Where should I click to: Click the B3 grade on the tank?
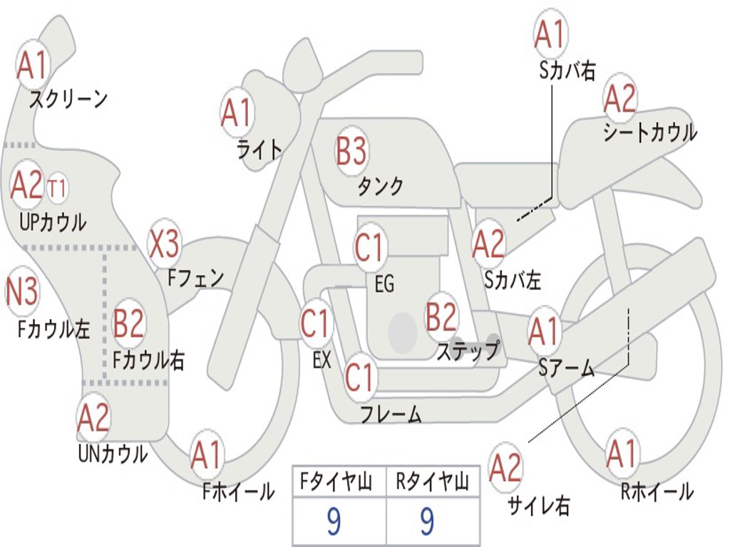[351, 151]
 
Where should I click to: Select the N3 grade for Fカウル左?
[21, 292]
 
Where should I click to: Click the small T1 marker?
[57, 189]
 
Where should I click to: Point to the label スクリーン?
[68, 99]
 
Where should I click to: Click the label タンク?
[380, 187]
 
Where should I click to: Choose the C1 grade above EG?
[369, 248]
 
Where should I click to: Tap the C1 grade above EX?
[315, 324]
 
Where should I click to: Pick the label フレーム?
[390, 414]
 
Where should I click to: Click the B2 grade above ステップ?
[441, 318]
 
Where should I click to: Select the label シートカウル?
[649, 132]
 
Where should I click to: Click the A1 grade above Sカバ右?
[549, 34]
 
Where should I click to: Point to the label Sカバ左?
[513, 281]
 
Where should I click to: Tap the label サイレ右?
[538, 506]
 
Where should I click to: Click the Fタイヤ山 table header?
[339, 483]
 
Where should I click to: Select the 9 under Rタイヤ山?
[426, 522]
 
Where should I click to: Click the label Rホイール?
[657, 491]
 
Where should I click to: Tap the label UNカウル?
[113, 453]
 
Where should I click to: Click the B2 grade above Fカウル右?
[129, 323]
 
